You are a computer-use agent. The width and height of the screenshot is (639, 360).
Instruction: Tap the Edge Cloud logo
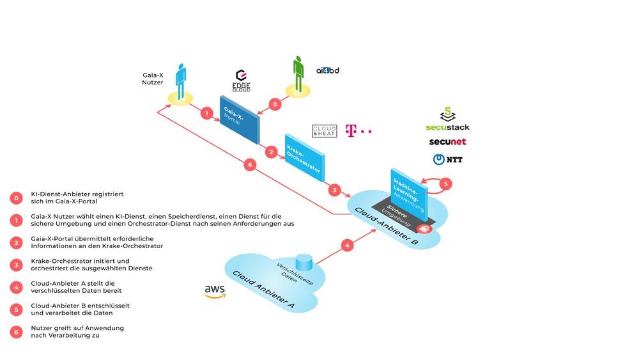tap(242, 82)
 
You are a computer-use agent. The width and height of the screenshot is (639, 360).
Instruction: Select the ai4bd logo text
tap(327, 70)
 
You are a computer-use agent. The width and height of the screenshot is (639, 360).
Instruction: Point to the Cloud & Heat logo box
tap(324, 130)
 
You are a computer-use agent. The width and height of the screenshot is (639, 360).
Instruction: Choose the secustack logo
tap(447, 120)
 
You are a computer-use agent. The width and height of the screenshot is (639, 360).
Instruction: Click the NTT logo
tap(447, 159)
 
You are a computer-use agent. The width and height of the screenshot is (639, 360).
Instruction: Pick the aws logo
tap(215, 291)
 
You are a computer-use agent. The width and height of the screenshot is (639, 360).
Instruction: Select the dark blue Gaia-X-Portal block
tap(239, 119)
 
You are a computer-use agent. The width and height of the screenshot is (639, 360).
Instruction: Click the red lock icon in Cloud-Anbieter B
tap(422, 228)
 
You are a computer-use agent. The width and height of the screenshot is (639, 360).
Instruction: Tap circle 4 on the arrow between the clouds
tap(347, 245)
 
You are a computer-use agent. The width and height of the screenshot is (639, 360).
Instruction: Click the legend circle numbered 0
tap(15, 197)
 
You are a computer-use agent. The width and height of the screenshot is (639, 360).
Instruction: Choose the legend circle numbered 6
tap(15, 331)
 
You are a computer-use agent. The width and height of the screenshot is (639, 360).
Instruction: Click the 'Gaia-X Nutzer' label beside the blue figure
tap(153, 78)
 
